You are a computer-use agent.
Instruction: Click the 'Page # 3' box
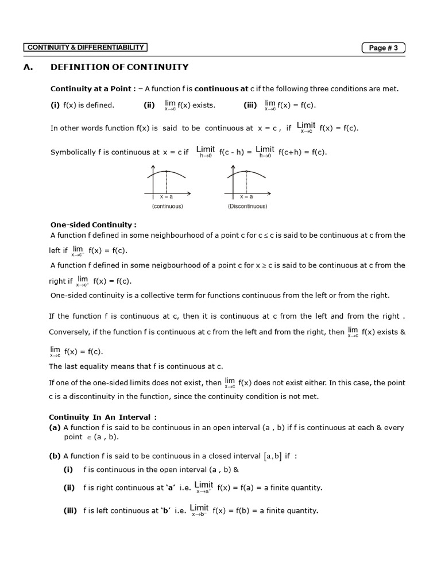click(383, 48)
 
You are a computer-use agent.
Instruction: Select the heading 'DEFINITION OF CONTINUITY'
click(119, 67)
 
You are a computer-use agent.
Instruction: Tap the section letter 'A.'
click(28, 67)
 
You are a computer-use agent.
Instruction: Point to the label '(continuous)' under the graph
click(167, 206)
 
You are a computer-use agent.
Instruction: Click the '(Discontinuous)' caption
click(247, 206)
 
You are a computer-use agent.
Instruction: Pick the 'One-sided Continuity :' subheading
click(94, 225)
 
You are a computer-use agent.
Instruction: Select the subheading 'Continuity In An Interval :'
click(103, 417)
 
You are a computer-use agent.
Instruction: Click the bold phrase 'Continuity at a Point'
click(92, 88)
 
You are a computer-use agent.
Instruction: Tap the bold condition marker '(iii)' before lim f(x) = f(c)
click(251, 105)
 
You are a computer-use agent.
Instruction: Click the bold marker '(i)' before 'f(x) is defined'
click(55, 105)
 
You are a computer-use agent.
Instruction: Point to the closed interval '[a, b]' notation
click(272, 457)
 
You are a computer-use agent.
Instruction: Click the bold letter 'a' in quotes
click(171, 488)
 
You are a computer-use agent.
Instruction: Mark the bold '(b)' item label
click(55, 456)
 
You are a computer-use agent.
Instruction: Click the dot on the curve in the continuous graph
click(167, 172)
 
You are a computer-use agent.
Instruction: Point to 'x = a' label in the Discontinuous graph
click(247, 196)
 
